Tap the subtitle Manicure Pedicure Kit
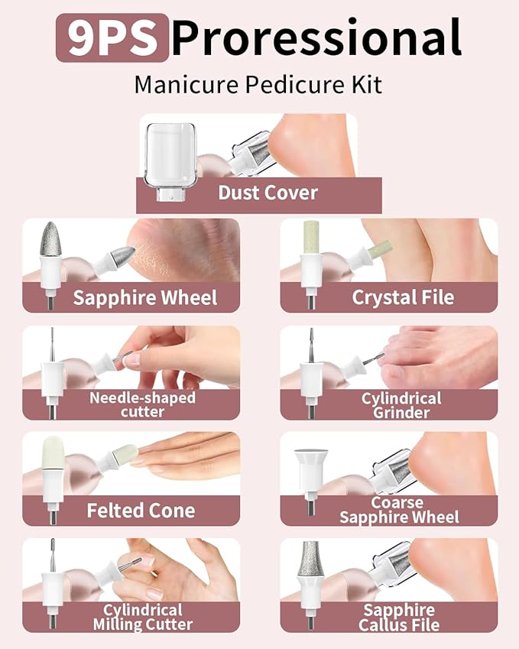258,84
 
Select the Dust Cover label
268,192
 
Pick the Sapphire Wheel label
145,297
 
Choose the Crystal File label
403,297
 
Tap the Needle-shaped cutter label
142,404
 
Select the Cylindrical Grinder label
401,405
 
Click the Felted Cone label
141,510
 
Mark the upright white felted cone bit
51,459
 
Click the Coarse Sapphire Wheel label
399,510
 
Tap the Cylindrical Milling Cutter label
143,617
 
